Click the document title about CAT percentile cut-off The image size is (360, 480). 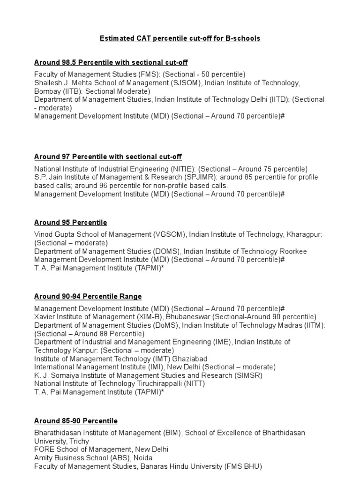(x=180, y=38)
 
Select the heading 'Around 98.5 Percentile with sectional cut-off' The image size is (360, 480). (x=111, y=62)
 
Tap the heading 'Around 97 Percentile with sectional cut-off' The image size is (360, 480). (x=108, y=157)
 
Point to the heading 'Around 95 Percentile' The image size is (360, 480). (x=71, y=223)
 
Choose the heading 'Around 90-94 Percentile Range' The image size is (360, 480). (x=88, y=296)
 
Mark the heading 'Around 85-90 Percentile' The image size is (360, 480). (x=76, y=421)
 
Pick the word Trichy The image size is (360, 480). (x=79, y=441)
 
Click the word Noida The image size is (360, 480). (x=143, y=457)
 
